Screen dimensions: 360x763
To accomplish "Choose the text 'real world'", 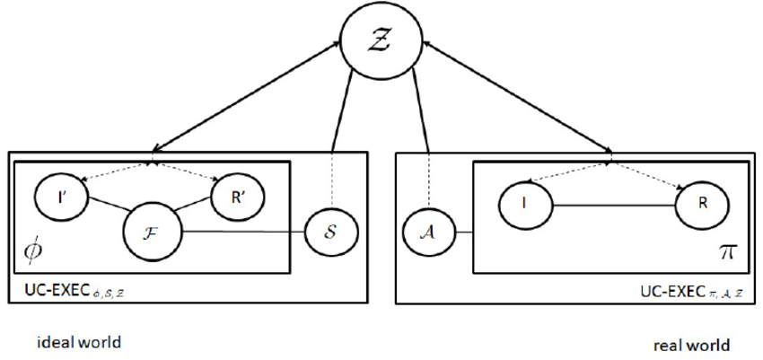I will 690,344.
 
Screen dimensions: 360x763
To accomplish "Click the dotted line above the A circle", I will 429,183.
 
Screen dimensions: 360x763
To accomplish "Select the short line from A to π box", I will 463,235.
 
